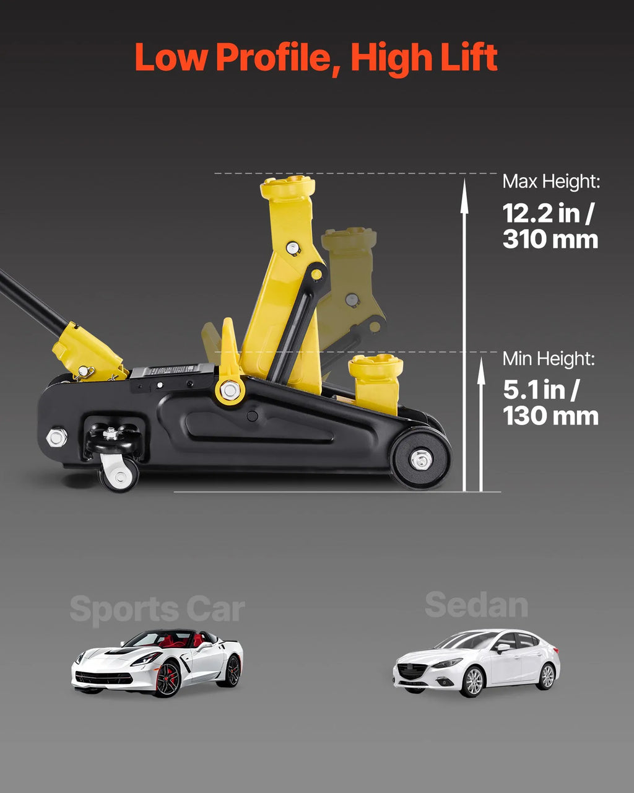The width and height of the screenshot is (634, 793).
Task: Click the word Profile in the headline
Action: click(278, 58)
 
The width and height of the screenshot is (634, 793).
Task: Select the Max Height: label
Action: click(552, 182)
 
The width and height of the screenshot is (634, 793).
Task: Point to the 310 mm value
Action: click(550, 240)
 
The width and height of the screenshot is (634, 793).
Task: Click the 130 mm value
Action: click(550, 416)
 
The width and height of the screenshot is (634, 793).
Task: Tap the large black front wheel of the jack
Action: click(421, 458)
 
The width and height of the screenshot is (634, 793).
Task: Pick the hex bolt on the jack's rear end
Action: click(57, 438)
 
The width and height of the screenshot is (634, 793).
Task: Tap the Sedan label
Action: click(476, 605)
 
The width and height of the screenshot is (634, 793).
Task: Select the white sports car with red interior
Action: click(157, 664)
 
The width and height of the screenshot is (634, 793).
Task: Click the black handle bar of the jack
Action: click(33, 302)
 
